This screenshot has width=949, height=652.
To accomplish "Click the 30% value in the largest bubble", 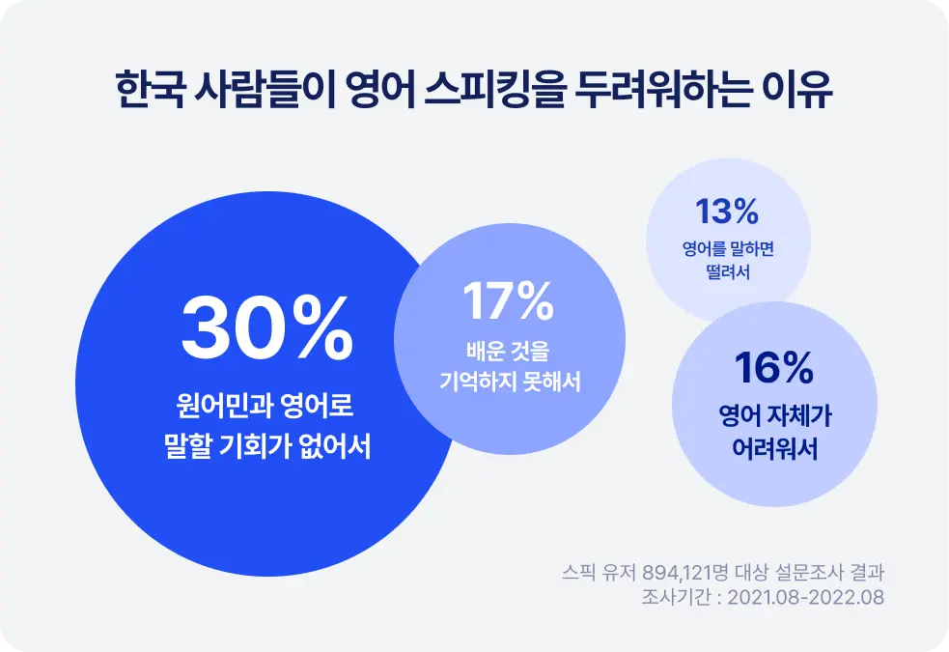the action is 266,328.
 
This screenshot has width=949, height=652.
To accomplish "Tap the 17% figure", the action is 509,300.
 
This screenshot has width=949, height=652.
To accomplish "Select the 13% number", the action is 727,212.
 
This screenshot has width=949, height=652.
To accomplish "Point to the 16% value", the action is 773,367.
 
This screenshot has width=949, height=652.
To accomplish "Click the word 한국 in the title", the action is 150,90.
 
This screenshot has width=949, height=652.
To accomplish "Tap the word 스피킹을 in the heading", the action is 494,90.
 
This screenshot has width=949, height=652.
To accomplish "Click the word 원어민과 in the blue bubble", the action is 218,405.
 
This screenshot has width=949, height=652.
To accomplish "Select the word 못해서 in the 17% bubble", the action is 552,382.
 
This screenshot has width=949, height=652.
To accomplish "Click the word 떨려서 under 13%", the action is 728,271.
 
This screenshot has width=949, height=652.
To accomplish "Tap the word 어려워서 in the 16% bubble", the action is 774,448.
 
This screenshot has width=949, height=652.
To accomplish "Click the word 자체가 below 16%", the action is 800,416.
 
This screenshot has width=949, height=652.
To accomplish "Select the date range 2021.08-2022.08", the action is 805,598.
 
